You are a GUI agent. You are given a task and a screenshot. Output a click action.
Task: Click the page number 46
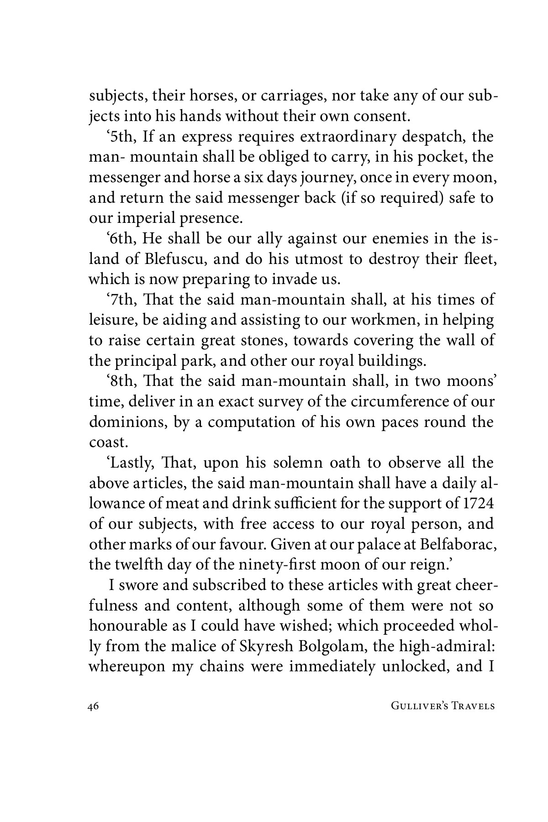(93, 706)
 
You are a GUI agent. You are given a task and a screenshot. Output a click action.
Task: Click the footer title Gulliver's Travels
(443, 706)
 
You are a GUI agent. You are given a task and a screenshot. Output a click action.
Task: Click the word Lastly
(130, 463)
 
